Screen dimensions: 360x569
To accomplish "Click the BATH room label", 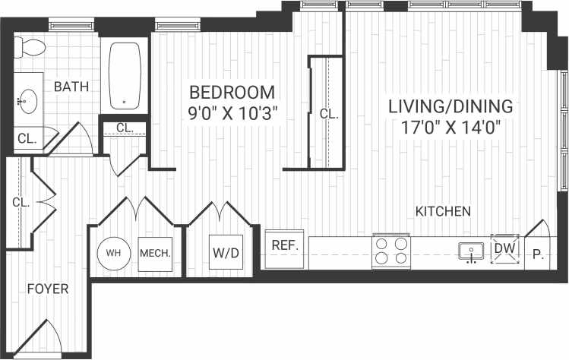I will (71, 87).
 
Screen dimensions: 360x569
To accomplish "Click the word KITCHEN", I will (443, 211).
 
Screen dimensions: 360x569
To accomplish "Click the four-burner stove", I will (390, 251).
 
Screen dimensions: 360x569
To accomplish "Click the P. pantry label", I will (539, 255).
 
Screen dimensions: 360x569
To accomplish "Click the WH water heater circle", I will (114, 252).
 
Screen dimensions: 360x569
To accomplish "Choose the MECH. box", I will (155, 252).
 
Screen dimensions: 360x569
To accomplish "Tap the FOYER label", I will (48, 289).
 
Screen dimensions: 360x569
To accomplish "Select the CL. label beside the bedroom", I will (328, 114).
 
